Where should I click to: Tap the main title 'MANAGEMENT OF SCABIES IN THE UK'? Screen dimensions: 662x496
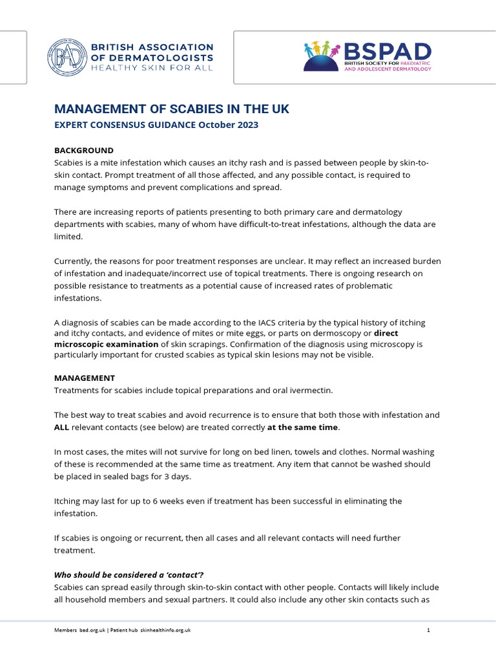(x=171, y=109)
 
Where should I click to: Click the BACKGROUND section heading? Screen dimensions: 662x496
(x=83, y=151)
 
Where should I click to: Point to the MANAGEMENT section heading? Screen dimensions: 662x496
(x=84, y=378)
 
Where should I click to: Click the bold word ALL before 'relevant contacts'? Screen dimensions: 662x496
(x=62, y=427)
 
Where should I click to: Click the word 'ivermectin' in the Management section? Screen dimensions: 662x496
(x=311, y=390)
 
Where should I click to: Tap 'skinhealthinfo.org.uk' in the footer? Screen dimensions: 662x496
(x=166, y=630)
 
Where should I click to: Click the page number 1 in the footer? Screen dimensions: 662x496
(x=428, y=630)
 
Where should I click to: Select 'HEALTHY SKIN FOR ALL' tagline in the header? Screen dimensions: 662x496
(x=152, y=69)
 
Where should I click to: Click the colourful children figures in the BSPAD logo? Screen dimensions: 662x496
(x=322, y=49)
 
